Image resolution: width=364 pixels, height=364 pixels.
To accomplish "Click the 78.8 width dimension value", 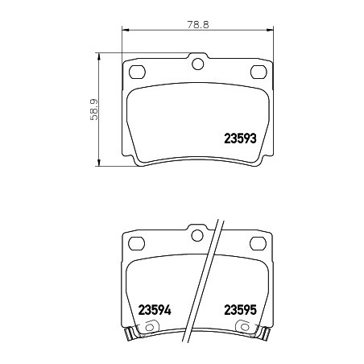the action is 198,25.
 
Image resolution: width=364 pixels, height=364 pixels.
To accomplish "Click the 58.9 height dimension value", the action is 94,110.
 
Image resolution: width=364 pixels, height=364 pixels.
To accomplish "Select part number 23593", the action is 240,139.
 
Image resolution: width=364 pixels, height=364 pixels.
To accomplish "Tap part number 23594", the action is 155,310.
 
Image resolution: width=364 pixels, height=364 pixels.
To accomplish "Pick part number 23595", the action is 241,310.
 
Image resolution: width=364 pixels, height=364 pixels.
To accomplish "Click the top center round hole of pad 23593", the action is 198,64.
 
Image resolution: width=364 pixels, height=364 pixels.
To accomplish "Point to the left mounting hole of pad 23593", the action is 137,72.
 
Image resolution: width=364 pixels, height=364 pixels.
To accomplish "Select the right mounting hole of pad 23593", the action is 259,72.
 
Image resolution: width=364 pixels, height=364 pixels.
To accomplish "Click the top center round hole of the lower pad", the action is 197,235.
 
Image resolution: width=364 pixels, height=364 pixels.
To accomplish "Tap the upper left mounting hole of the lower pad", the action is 137,243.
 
